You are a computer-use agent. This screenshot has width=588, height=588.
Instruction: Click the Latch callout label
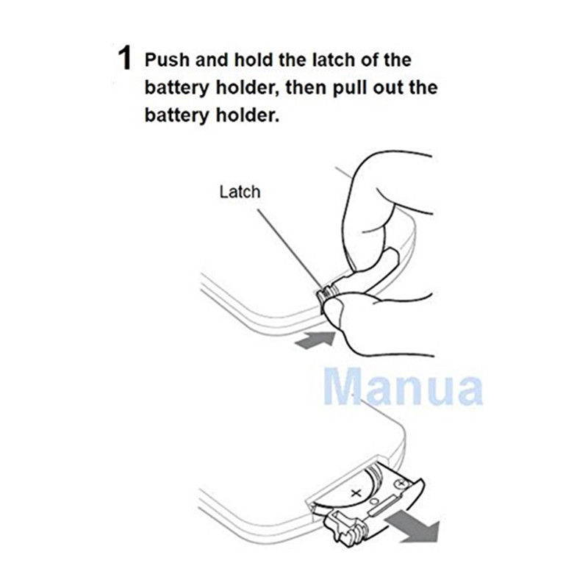(x=240, y=192)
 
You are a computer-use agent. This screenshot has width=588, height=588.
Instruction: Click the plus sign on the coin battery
(x=358, y=492)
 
